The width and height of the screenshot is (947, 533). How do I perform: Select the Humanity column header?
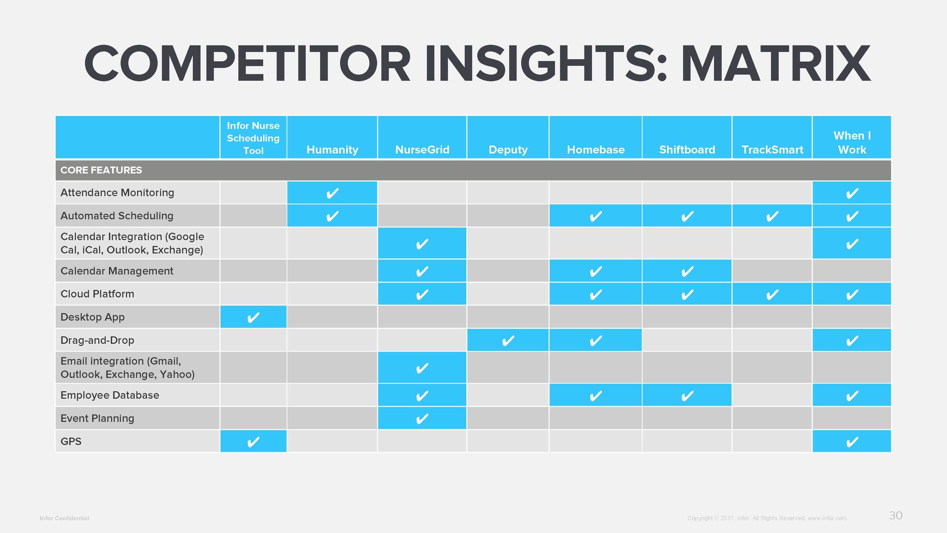coord(332,150)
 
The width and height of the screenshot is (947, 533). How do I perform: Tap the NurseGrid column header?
coord(422,150)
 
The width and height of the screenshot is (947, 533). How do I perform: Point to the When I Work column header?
coord(852,143)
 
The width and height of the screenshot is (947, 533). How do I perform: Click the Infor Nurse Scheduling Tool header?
coord(253,138)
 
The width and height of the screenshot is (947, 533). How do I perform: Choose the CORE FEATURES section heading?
coord(101,170)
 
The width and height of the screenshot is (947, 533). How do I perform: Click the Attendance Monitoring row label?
coord(117,193)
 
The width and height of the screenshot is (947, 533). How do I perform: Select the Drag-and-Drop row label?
coord(97,340)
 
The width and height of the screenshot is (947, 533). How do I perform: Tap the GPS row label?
coord(71,441)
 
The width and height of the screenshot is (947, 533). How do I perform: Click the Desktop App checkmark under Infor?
coord(253,317)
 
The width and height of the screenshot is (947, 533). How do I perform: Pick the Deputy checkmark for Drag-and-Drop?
coord(508,340)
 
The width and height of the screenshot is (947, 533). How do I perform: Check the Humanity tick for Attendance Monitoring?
coord(332,193)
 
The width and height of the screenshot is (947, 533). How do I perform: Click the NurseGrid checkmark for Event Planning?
coord(422,419)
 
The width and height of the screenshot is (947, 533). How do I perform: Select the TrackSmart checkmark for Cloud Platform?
coord(772,294)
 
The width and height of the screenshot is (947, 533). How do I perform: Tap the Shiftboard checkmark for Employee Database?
coord(687,396)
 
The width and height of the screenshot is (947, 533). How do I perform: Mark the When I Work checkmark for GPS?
coord(852,442)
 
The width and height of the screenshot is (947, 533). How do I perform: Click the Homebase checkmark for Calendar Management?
coord(595,271)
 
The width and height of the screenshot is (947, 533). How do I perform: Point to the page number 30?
coord(895,516)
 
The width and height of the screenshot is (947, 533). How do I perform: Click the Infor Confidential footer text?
coord(64,518)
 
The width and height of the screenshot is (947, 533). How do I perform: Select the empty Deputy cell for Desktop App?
coord(508,317)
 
